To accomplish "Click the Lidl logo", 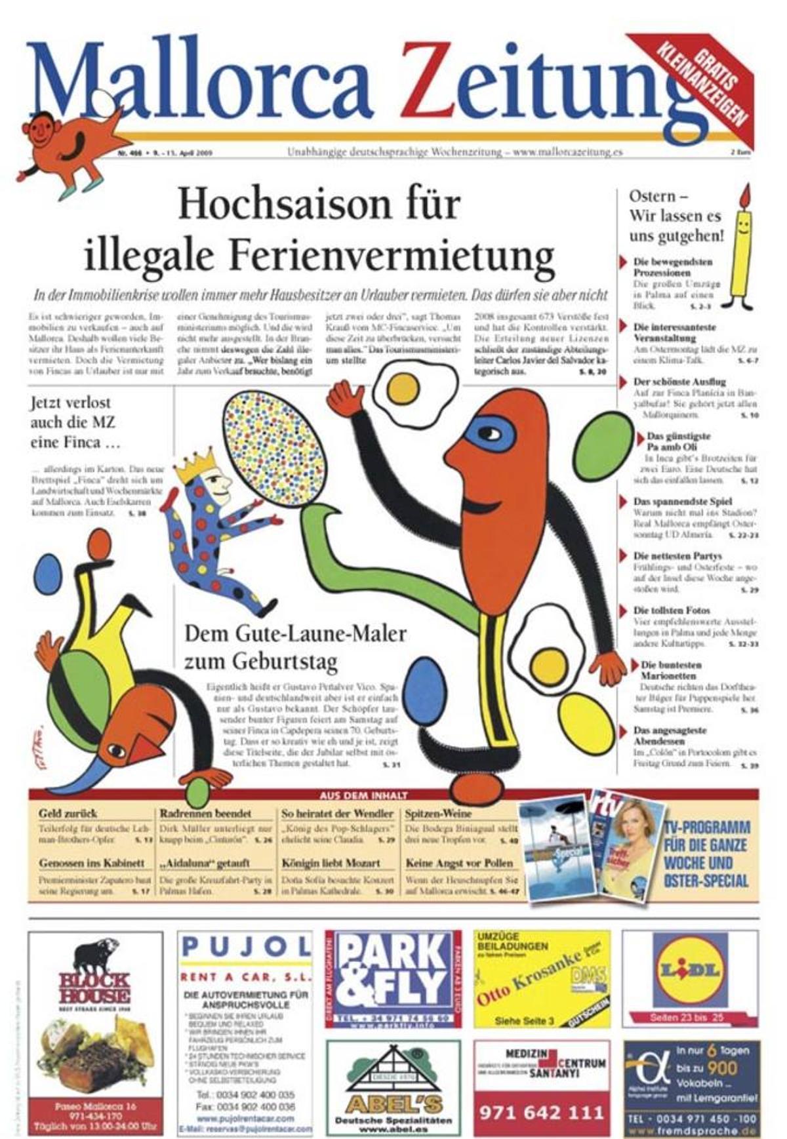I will point(691,971).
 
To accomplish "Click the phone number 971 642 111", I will point(541,1112).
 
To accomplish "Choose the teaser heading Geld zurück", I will point(68,814).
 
